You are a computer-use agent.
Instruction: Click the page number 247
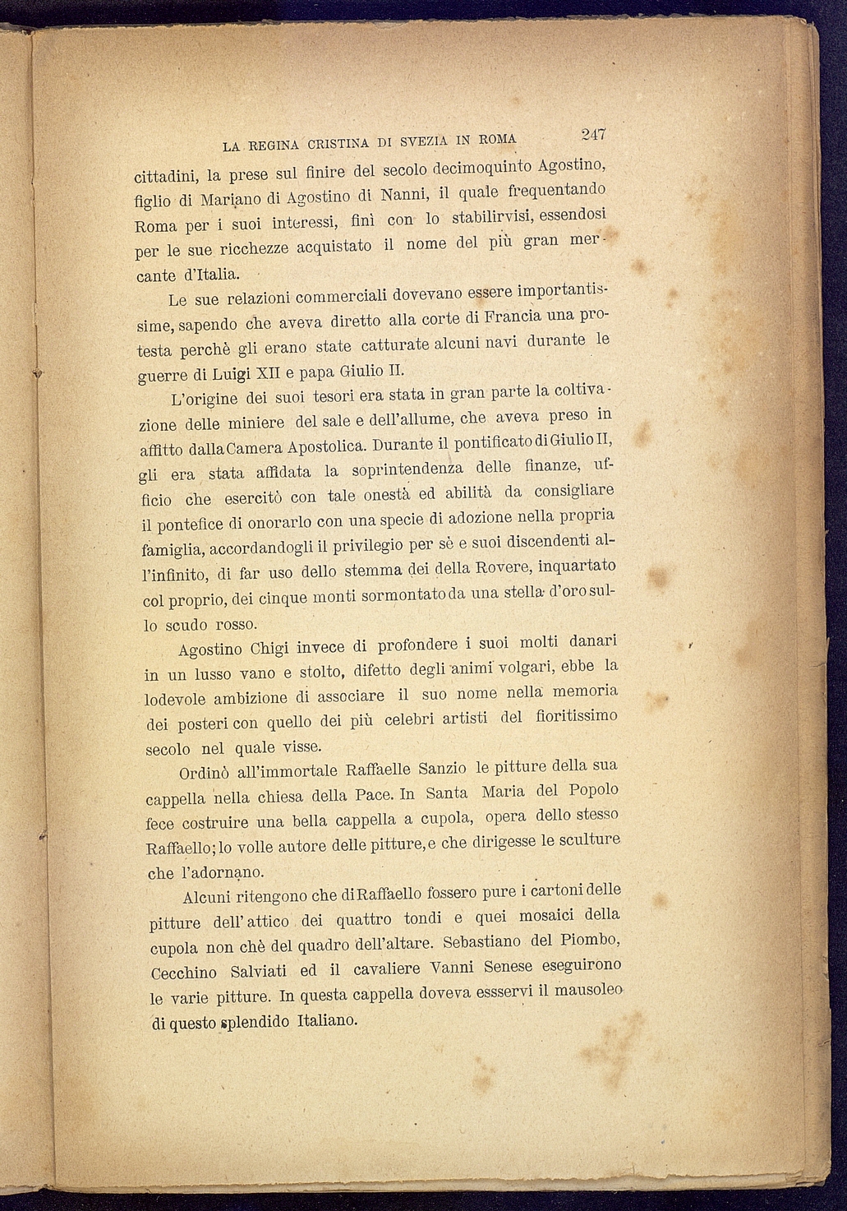tap(592, 133)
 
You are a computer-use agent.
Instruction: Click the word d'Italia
tap(204, 273)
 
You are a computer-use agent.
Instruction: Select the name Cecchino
tap(185, 972)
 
